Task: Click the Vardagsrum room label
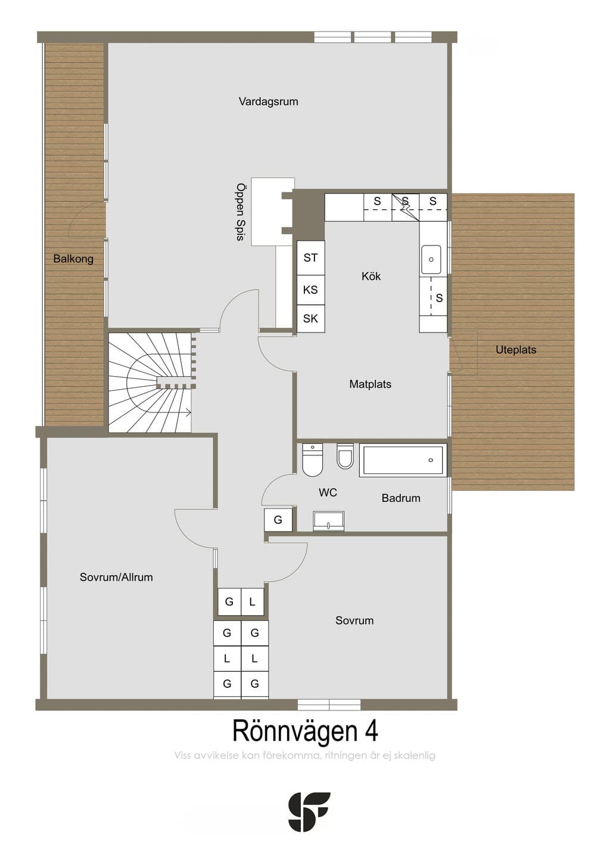click(x=268, y=102)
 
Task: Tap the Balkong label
click(x=73, y=259)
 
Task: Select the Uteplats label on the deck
click(x=516, y=350)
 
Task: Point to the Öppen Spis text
click(x=241, y=212)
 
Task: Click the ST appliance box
click(x=310, y=257)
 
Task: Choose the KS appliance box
click(x=310, y=290)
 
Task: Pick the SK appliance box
click(x=310, y=319)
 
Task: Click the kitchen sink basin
click(x=431, y=259)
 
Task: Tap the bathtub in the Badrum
click(x=403, y=460)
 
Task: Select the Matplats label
click(x=370, y=384)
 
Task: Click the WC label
click(x=328, y=492)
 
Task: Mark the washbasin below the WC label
click(x=328, y=521)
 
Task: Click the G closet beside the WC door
click(x=278, y=520)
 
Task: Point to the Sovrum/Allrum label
click(x=116, y=577)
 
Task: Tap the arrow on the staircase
click(x=188, y=412)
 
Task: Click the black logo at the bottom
click(x=309, y=811)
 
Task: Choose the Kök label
click(x=371, y=276)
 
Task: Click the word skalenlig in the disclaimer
click(x=415, y=756)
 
